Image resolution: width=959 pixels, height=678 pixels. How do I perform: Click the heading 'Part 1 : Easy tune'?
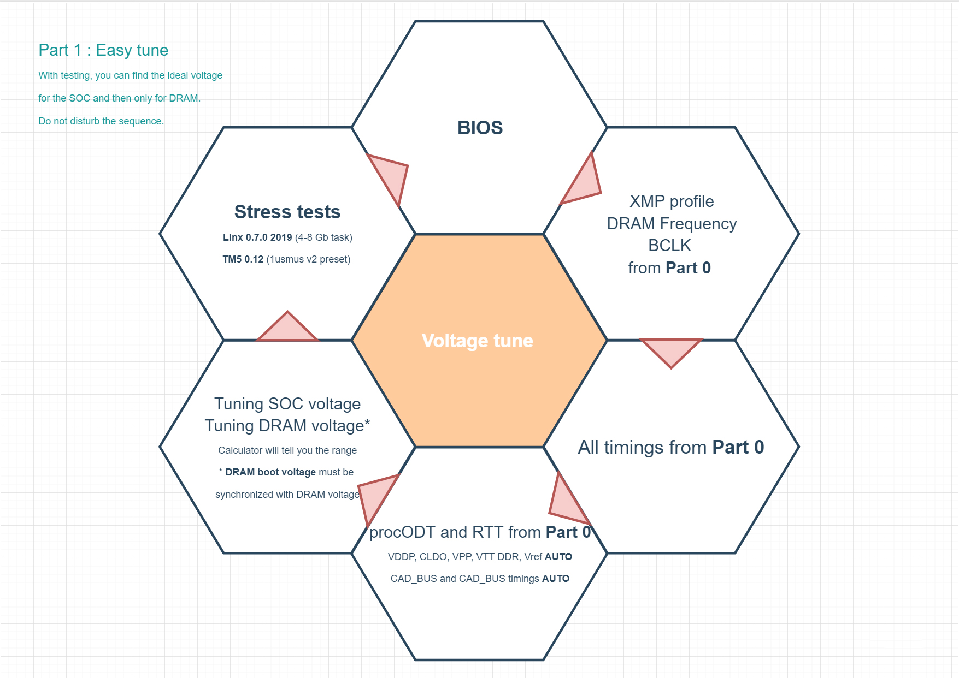103,50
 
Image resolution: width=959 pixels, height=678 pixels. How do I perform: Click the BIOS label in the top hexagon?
480,128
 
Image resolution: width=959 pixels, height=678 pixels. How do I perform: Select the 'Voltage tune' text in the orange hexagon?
477,341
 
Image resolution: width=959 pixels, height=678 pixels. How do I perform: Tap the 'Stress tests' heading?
287,212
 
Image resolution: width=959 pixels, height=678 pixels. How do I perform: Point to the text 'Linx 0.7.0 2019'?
257,237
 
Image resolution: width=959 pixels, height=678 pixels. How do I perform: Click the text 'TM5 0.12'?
243,259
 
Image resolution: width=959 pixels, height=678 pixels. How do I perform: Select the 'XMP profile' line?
671,201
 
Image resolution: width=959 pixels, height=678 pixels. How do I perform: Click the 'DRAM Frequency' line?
671,224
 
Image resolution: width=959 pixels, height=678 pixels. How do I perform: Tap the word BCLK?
669,246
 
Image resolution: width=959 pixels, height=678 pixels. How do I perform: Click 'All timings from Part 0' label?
670,448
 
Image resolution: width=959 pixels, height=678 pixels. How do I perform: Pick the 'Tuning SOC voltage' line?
287,404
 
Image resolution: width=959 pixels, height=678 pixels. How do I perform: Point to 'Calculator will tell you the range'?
287,450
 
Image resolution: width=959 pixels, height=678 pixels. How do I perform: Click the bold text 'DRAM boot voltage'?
270,472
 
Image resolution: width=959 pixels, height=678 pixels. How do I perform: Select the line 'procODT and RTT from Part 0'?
480,532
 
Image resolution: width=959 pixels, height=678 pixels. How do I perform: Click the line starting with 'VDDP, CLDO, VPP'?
480,557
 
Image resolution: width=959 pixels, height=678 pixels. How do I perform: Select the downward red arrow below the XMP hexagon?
670,350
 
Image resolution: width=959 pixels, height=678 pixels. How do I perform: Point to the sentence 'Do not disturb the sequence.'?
101,121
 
